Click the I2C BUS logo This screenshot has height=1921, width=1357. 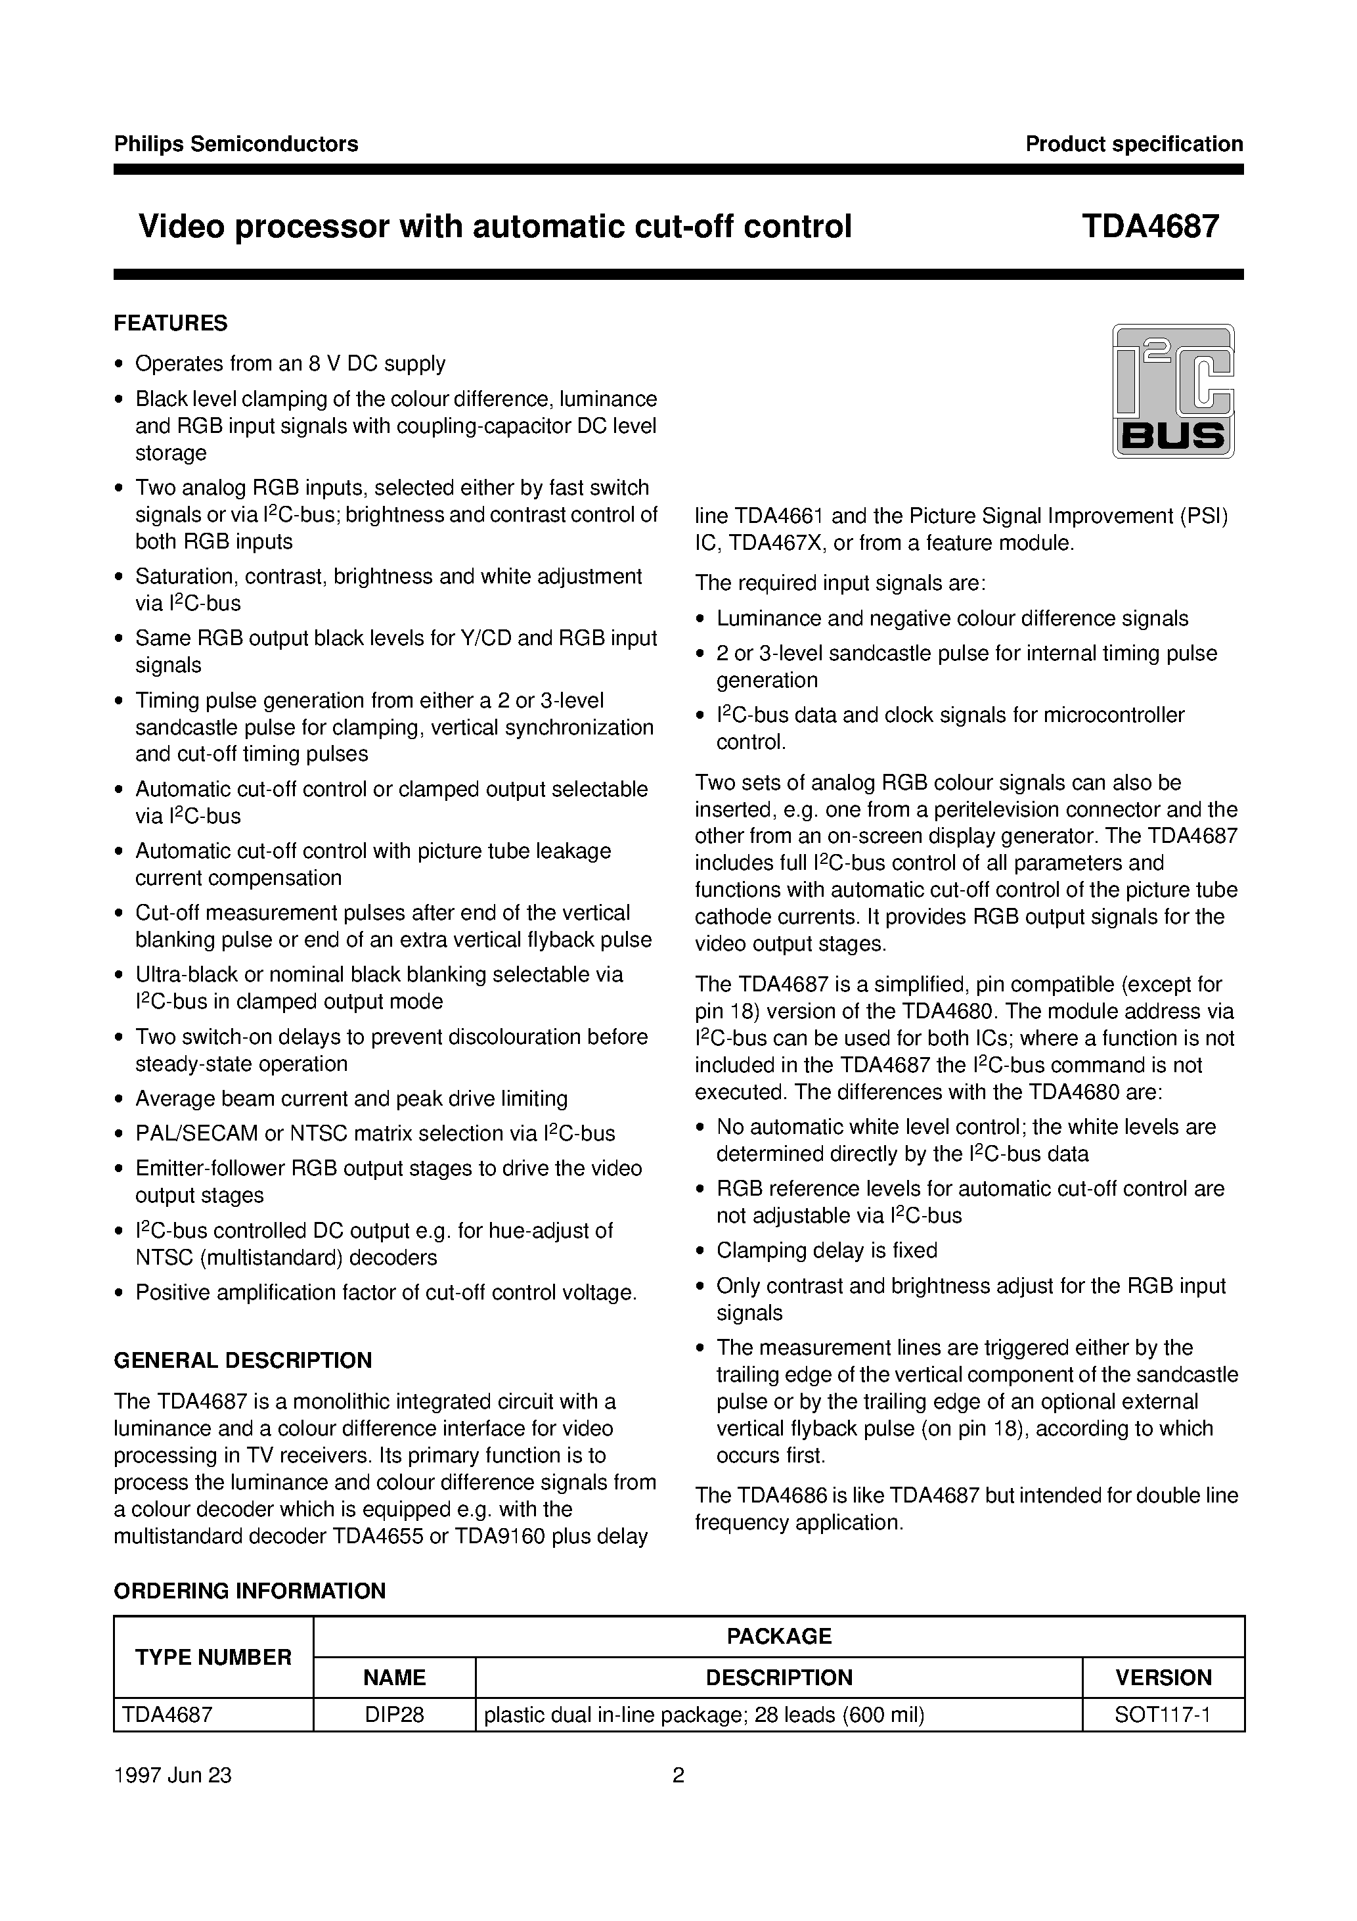1173,391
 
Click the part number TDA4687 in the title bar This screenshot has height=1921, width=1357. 1149,227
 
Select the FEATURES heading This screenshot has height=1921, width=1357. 171,323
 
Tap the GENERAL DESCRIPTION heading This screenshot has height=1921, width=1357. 242,1361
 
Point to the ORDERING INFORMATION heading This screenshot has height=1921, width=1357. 250,1591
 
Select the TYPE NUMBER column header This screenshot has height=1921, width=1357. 213,1657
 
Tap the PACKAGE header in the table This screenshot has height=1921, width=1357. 779,1636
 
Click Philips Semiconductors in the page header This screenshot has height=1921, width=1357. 236,144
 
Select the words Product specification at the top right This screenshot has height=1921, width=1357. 1134,144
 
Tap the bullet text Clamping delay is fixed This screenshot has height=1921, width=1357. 826,1250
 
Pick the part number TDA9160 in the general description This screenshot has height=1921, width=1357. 501,1536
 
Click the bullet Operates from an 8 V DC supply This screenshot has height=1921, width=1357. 290,363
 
